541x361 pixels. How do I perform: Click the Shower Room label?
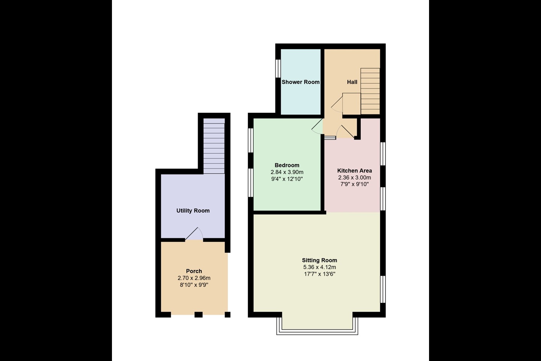pos(301,82)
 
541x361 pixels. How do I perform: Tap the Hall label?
pos(352,82)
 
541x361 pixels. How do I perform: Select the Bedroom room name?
pos(287,165)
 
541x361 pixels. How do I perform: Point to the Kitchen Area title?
pos(355,170)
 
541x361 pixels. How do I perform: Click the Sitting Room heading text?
pos(319,260)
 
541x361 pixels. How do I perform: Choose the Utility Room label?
pos(193,211)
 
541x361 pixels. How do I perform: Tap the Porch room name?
pos(194,271)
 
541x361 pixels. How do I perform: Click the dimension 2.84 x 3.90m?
pos(287,172)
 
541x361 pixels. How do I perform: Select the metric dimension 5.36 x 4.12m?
pos(319,267)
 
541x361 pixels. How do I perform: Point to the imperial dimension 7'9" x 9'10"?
pos(355,184)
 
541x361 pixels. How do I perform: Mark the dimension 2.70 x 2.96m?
pos(194,278)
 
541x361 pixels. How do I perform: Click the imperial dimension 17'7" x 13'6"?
pos(319,274)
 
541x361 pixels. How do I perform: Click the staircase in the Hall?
pos(370,91)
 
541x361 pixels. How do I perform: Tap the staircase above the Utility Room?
pos(214,146)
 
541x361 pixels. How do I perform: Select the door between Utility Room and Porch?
pos(194,234)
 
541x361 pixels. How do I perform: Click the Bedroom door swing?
pos(317,126)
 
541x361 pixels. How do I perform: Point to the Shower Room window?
pos(278,68)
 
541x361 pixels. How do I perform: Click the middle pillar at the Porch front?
pos(198,315)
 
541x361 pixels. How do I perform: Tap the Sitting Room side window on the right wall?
pos(383,289)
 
